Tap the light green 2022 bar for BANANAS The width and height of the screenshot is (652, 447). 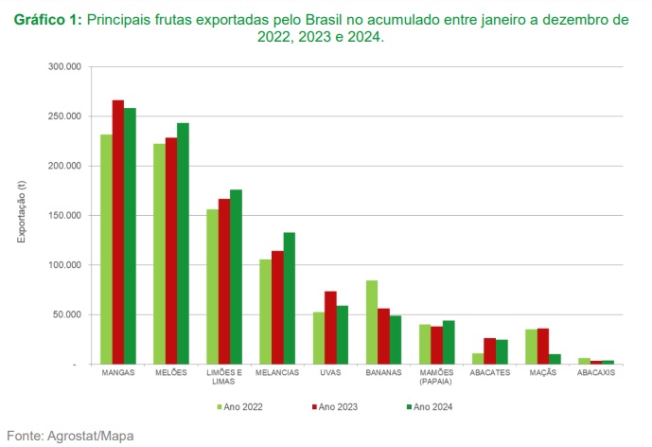point(372,322)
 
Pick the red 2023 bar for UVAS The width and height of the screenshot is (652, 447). point(331,328)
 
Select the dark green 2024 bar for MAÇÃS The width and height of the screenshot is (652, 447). point(555,359)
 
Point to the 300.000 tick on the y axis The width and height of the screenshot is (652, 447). point(63,67)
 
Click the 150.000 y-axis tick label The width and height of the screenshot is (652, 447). point(63,215)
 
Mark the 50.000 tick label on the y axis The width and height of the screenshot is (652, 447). point(66,314)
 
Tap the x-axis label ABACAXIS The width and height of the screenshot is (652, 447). point(596,373)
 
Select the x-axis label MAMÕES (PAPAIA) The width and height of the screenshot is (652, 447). point(437,377)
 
